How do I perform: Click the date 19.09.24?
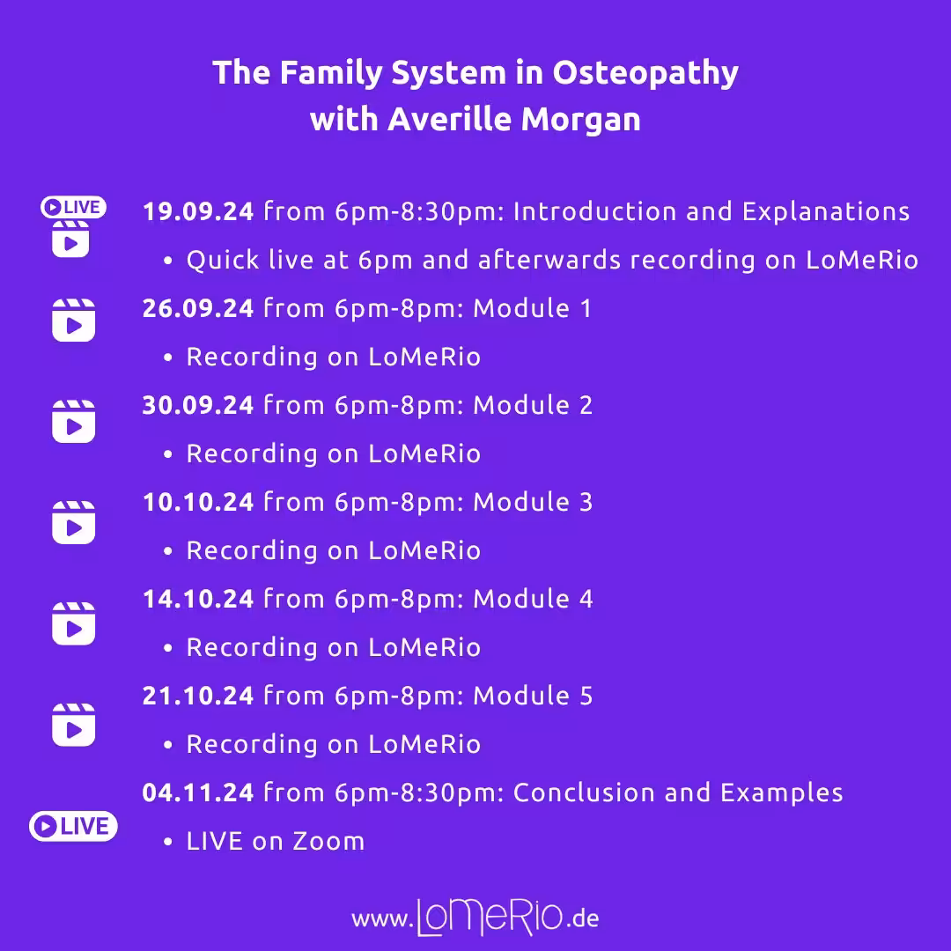[198, 211]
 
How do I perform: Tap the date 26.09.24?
[198, 308]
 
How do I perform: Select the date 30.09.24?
[198, 405]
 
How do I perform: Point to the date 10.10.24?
[198, 502]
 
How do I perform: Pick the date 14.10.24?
[198, 599]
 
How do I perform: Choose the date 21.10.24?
[198, 696]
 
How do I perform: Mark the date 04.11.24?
[198, 792]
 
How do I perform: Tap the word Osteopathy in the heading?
[645, 74]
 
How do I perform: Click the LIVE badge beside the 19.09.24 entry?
[73, 208]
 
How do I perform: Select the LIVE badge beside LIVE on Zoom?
[73, 826]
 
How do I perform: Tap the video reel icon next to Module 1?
[73, 321]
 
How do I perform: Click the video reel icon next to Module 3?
[73, 522]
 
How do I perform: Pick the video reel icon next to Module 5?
[73, 725]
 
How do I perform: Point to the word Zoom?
[328, 841]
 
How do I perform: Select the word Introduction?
[595, 211]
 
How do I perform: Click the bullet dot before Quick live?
[168, 261]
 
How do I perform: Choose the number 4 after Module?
[586, 600]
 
